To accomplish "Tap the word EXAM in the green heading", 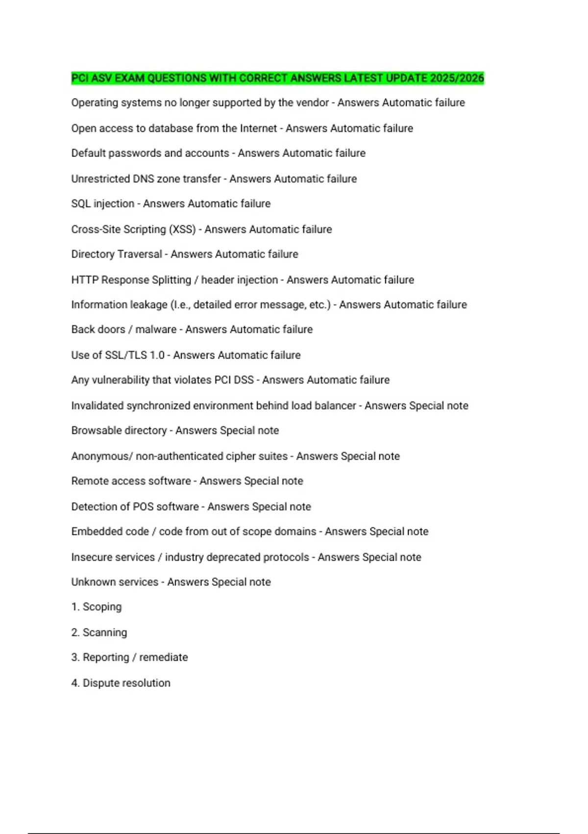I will pyautogui.click(x=129, y=78).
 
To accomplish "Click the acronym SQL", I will pyautogui.click(x=81, y=204).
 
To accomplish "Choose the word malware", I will pyautogui.click(x=156, y=329).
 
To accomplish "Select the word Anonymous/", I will pyautogui.click(x=102, y=456).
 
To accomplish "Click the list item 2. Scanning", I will pyautogui.click(x=99, y=632).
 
